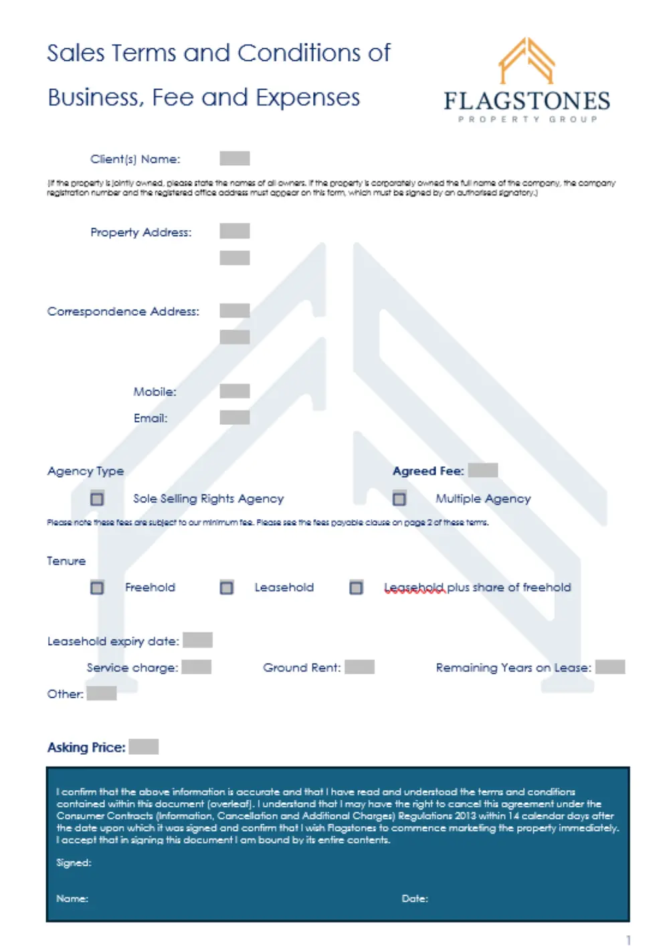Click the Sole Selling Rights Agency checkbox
97,498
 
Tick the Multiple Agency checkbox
399,498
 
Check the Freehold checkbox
97,587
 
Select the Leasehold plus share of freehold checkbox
356,587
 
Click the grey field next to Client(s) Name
235,159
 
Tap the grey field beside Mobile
235,391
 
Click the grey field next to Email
235,417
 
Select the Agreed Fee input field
482,470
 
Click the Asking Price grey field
144,747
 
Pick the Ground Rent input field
360,667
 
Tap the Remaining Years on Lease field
610,667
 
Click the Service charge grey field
197,667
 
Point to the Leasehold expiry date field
197,640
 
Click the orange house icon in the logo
527,61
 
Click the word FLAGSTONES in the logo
527,101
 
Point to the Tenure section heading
66,561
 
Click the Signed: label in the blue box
74,863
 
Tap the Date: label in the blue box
415,898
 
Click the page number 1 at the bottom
628,939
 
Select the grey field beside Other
102,693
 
